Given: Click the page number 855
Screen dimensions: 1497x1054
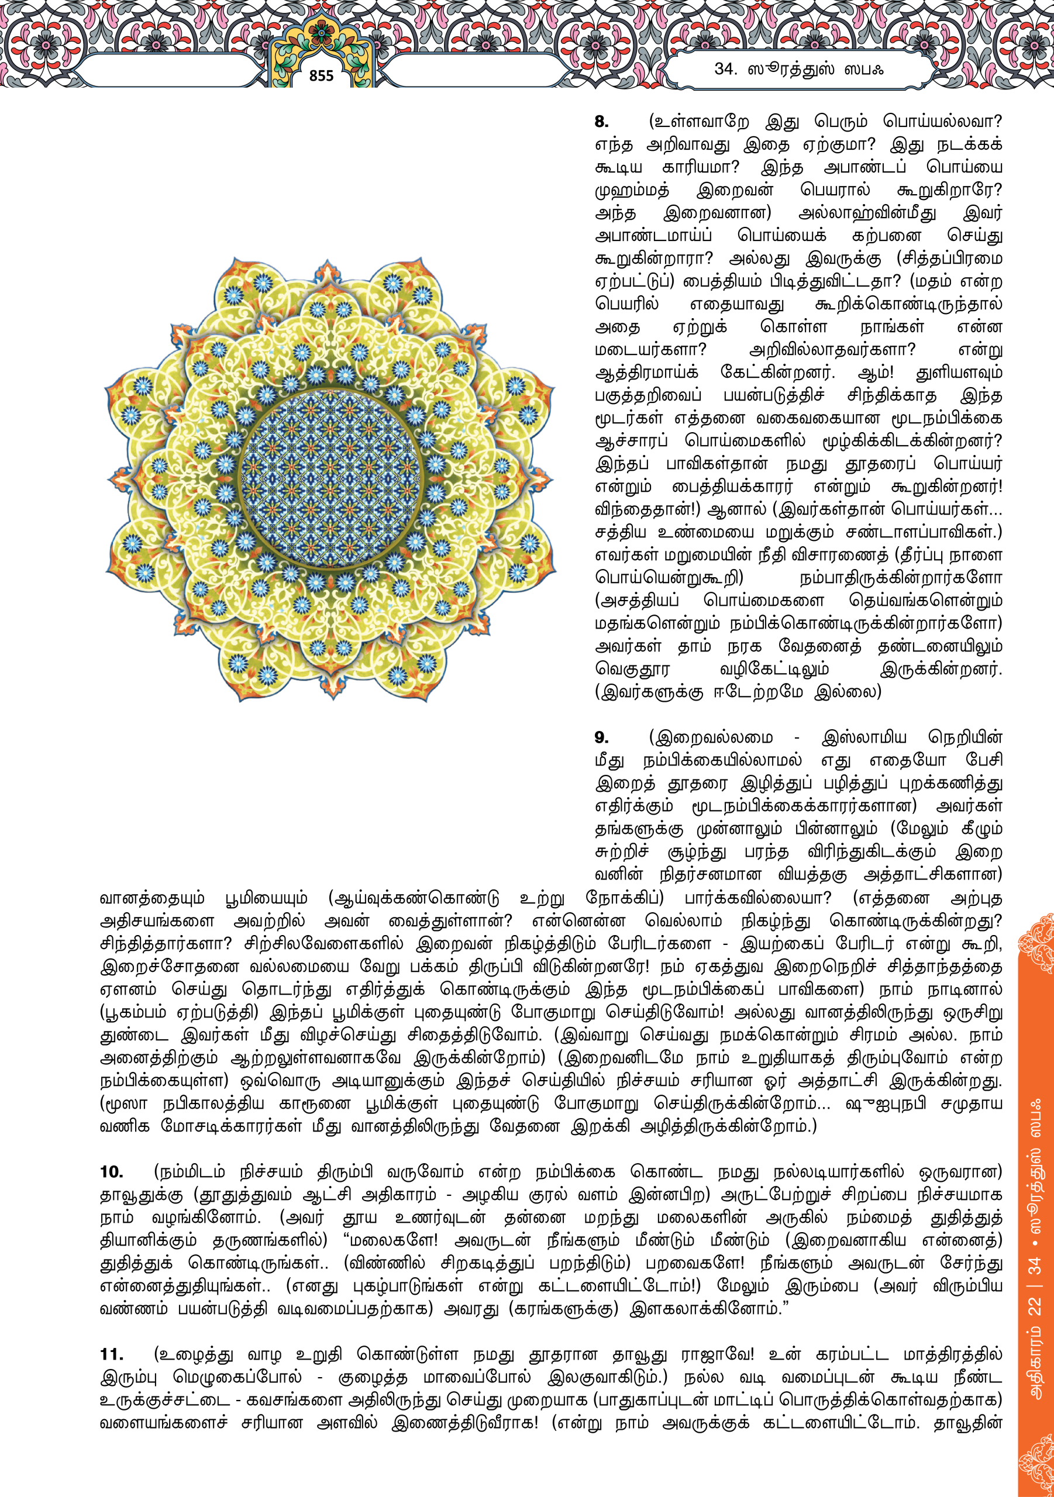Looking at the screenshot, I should (321, 75).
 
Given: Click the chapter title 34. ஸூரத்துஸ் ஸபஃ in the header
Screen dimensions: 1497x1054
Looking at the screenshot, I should (798, 69).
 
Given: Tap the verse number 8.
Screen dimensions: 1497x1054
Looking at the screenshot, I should (601, 122).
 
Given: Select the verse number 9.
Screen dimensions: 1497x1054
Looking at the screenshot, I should (601, 737).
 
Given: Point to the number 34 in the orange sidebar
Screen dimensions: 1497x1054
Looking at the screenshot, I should (1035, 1265).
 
